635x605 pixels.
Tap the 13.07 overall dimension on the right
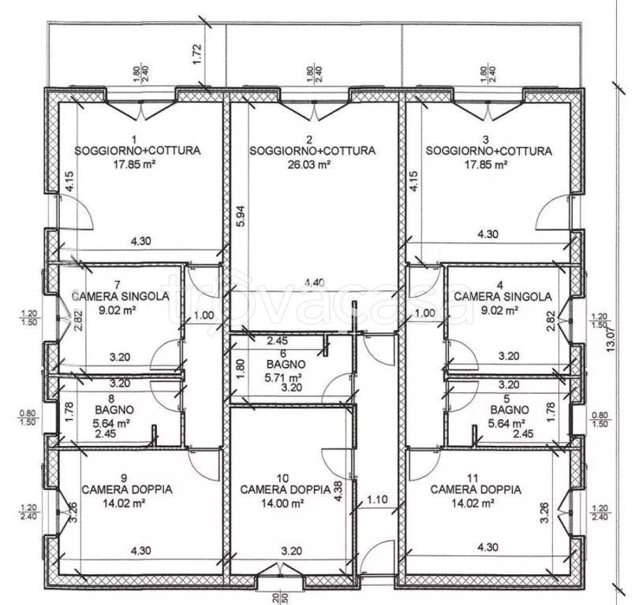tap(611, 339)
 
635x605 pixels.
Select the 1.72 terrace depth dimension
tap(197, 54)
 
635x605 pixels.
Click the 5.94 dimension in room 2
tap(240, 217)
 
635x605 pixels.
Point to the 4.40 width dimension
tap(314, 283)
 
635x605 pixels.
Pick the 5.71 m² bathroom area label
tap(283, 378)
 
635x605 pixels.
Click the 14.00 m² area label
tap(282, 503)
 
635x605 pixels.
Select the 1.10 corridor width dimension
tap(377, 500)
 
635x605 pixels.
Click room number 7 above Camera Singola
tap(118, 284)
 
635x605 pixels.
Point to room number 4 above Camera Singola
tap(500, 285)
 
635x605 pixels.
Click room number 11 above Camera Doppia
tap(473, 478)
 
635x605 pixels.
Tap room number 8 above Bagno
tap(111, 399)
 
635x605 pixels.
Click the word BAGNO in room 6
tap(286, 365)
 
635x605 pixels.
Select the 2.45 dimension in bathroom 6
tap(278, 341)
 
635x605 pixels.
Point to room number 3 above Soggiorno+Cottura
tap(486, 139)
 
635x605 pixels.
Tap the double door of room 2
tap(314, 109)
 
